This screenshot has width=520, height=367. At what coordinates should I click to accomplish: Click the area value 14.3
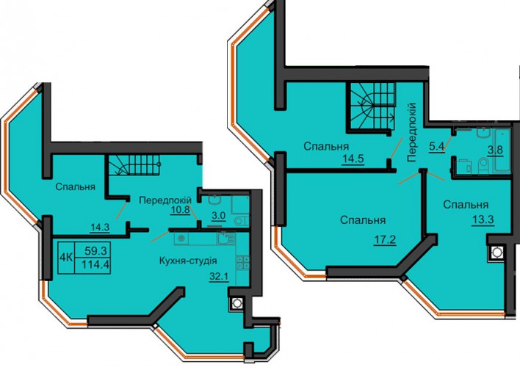click(x=100, y=228)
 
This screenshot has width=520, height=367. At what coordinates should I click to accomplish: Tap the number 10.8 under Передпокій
click(x=180, y=210)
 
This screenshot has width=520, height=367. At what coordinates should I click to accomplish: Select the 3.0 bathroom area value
click(x=219, y=216)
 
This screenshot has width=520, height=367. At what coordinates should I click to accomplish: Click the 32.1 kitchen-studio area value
click(x=219, y=276)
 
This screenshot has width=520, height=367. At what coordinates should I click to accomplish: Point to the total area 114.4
click(x=95, y=265)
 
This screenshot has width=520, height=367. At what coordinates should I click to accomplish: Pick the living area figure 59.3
click(x=95, y=251)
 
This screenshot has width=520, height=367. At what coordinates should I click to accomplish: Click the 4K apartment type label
click(x=66, y=257)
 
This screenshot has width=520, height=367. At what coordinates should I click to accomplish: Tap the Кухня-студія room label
click(x=188, y=261)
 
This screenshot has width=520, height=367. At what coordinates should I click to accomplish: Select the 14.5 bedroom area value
click(x=353, y=158)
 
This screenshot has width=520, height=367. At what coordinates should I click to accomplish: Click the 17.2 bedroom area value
click(x=385, y=239)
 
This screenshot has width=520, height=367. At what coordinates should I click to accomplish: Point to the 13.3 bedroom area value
click(x=484, y=219)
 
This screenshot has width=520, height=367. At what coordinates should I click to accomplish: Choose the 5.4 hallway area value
click(x=436, y=146)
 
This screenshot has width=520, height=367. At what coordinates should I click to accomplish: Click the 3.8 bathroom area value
click(x=495, y=150)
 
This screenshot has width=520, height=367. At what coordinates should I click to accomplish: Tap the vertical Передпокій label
click(x=411, y=132)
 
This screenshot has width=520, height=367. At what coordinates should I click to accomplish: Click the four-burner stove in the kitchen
click(x=243, y=262)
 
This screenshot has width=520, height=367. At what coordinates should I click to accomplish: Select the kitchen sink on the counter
click(x=225, y=239)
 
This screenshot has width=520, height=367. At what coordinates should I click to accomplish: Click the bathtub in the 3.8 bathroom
click(x=502, y=151)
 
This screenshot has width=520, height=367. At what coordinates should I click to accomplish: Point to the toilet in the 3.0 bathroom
click(x=239, y=222)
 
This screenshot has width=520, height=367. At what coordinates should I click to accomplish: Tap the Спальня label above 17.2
click(x=363, y=220)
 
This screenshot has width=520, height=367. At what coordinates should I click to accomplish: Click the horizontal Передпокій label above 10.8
click(x=165, y=200)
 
